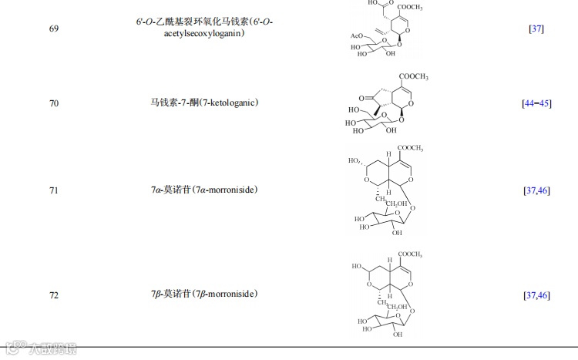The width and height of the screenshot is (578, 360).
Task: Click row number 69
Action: click(53, 29)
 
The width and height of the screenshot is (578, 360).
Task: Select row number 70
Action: click(53, 103)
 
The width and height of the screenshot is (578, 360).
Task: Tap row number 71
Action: click(53, 190)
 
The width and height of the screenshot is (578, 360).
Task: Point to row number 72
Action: click(53, 294)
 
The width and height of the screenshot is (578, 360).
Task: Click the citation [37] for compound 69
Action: click(536, 29)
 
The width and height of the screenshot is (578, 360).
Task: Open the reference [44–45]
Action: click(536, 103)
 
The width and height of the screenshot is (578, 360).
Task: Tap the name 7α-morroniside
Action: click(203, 190)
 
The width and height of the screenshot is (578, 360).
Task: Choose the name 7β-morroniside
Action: click(203, 294)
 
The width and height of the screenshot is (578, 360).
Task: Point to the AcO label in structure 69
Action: click(356, 35)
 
